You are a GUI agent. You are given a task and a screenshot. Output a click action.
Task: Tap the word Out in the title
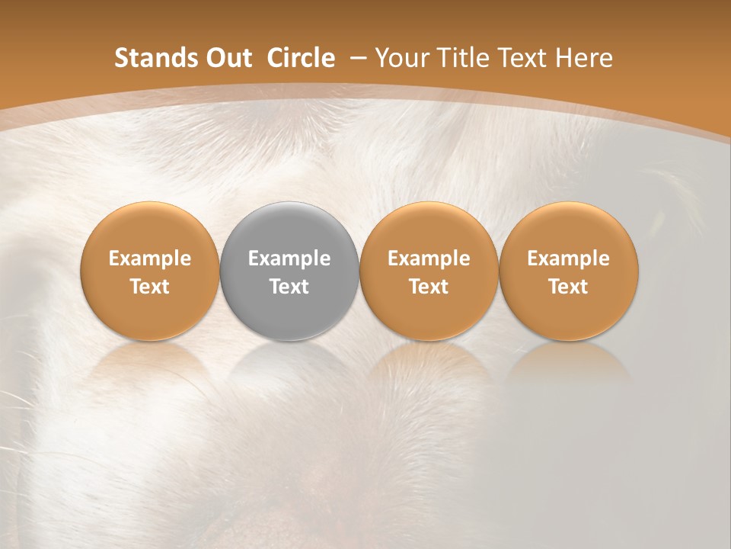tap(226, 58)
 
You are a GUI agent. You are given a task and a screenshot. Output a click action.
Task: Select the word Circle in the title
tap(301, 58)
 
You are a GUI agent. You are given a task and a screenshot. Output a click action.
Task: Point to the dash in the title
tap(356, 58)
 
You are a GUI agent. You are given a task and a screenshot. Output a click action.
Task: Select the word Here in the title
tap(583, 58)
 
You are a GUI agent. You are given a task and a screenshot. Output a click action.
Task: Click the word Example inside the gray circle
tap(289, 258)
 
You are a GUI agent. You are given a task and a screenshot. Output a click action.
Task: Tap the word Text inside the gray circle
tap(289, 287)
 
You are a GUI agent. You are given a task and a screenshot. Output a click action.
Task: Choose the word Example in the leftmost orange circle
tap(150, 258)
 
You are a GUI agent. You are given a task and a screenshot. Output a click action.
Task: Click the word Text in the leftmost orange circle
tap(150, 287)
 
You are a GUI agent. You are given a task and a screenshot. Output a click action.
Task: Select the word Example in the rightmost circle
tap(568, 258)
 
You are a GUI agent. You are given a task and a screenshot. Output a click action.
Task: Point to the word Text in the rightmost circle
tap(568, 287)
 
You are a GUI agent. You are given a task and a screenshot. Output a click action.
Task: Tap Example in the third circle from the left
tap(429, 258)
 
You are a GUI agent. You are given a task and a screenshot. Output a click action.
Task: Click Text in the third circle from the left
tap(429, 287)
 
